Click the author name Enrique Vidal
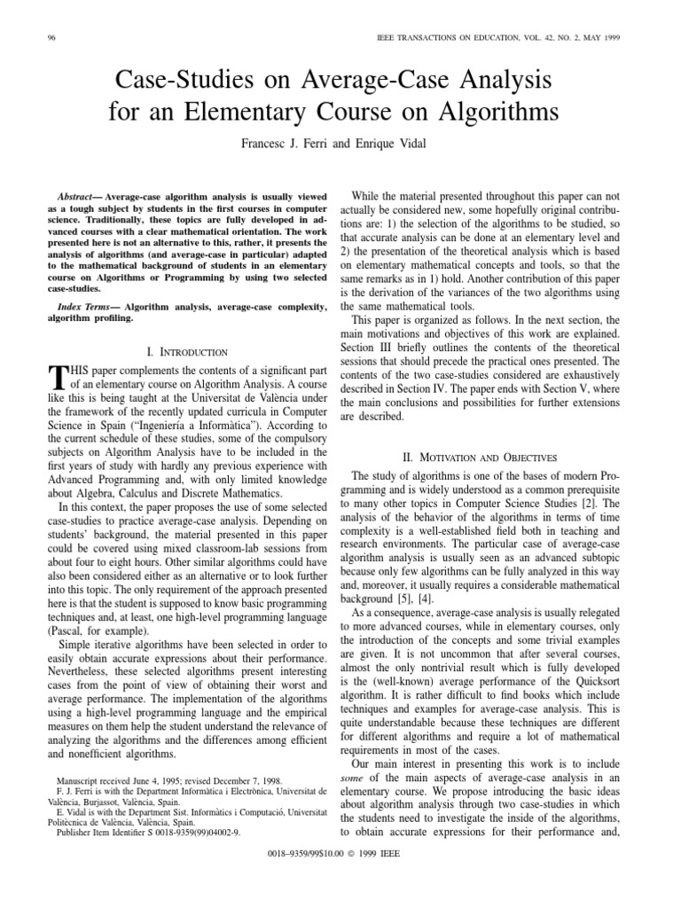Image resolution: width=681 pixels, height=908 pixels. point(394,143)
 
